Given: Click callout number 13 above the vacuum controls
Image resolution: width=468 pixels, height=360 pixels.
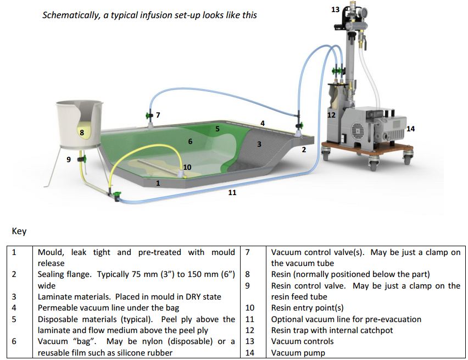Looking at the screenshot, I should (x=335, y=10).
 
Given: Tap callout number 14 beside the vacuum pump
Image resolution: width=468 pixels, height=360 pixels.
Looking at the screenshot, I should (x=411, y=129).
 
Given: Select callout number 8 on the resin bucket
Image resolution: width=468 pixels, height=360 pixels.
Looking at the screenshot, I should (x=81, y=132).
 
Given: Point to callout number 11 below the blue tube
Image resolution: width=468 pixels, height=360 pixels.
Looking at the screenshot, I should (x=232, y=192).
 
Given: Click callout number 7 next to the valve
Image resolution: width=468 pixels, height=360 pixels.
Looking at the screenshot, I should (x=158, y=115).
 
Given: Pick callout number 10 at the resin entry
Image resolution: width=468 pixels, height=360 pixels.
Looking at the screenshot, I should (x=187, y=167).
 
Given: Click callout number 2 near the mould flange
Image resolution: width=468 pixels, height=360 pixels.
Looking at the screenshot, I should (x=304, y=149).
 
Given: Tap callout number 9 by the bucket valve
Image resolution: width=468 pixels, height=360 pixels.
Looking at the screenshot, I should (x=69, y=160).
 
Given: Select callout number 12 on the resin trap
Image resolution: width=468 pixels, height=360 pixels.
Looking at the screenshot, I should (x=331, y=115).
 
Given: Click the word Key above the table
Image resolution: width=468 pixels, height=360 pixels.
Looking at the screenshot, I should (x=19, y=231).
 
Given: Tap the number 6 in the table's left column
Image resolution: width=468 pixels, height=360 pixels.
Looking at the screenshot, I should (x=14, y=341).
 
